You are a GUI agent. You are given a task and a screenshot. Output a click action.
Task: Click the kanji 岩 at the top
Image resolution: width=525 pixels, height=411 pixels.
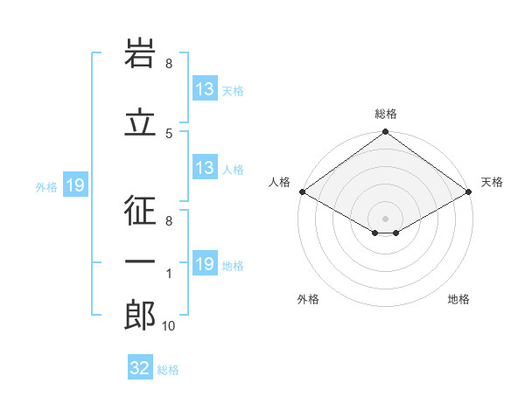click(x=140, y=54)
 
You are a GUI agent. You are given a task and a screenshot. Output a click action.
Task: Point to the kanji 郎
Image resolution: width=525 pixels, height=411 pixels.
click(x=140, y=316)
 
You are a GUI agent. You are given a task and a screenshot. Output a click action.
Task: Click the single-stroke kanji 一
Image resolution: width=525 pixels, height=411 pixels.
click(x=140, y=261)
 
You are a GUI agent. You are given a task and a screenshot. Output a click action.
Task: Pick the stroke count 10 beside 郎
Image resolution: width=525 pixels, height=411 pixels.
click(x=169, y=326)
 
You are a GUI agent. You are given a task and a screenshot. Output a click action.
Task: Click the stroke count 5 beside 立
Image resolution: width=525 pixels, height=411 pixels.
click(x=169, y=133)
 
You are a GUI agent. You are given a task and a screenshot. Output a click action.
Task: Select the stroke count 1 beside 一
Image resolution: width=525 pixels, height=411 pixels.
click(x=169, y=275)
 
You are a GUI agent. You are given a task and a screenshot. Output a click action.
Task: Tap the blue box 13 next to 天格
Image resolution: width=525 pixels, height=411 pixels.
click(x=205, y=89)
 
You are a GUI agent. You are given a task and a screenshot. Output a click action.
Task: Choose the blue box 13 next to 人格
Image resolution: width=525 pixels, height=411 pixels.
click(x=205, y=168)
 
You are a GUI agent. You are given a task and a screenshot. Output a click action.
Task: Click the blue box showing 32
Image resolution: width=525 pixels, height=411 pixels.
click(x=140, y=368)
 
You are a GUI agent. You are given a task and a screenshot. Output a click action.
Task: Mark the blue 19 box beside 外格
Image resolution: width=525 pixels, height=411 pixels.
click(x=74, y=185)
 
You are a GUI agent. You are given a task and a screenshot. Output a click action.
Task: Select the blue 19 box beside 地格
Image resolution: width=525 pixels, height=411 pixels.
click(x=205, y=264)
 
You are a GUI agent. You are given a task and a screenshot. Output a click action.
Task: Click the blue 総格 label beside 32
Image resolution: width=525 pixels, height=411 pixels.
click(x=169, y=370)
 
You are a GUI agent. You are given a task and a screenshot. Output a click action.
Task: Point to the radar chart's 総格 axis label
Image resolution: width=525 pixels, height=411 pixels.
click(x=386, y=114)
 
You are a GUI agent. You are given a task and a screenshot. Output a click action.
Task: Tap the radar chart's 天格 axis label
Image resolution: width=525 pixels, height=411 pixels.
click(x=492, y=182)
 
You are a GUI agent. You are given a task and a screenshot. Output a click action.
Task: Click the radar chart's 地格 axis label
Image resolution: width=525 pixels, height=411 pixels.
click(x=458, y=299)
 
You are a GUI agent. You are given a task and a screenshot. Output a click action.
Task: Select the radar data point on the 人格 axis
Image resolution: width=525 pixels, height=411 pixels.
click(x=301, y=192)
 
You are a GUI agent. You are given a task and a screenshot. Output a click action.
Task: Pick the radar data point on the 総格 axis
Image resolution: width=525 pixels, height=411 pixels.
click(x=385, y=133)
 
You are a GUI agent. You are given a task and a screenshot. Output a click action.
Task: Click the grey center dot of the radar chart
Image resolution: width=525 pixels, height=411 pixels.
click(x=385, y=217)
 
